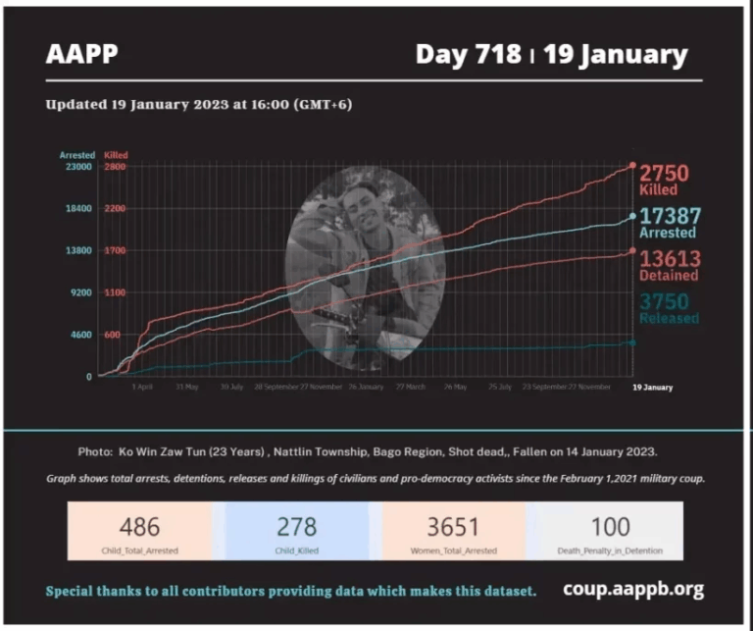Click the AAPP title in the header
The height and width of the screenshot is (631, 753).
point(81,54)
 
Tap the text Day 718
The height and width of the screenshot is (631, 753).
point(468,54)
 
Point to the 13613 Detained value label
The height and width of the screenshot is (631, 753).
point(670,265)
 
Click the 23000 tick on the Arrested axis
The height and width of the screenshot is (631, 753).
point(77,167)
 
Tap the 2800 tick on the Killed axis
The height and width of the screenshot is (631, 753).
point(115,167)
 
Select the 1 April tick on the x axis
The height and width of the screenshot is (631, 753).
point(142,388)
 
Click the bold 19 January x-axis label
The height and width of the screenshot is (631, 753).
point(651,388)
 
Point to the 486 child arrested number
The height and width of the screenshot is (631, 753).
point(139,527)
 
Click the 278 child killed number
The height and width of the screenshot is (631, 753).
point(297,527)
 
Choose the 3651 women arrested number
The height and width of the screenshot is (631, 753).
point(452,527)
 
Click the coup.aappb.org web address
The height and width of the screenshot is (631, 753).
point(633,590)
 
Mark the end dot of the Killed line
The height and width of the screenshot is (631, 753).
point(632,166)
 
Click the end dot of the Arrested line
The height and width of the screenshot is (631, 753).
point(632,216)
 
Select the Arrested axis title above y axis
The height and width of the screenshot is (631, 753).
point(76,155)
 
